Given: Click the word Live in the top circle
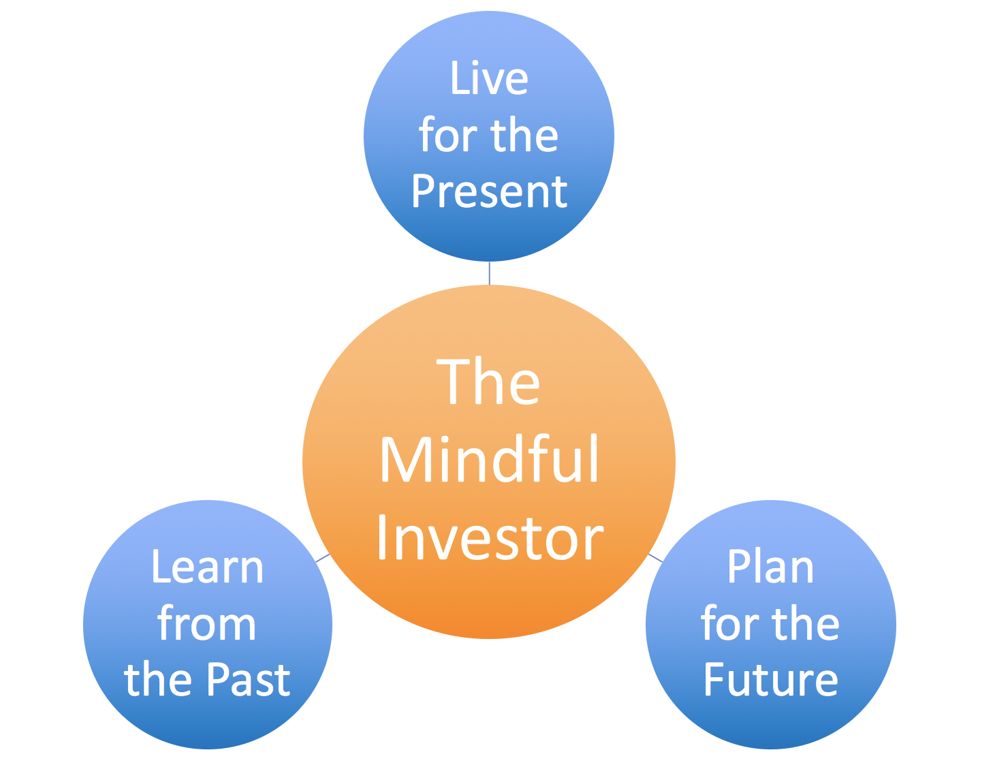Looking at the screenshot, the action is click(x=489, y=78).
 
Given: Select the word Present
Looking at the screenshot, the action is click(x=489, y=191).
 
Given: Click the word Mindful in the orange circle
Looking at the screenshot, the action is click(x=489, y=458).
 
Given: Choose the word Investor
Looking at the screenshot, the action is click(x=490, y=537).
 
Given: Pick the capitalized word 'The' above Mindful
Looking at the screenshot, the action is click(x=488, y=381).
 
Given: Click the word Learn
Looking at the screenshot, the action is click(x=208, y=567).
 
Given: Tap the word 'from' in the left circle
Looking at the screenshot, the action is click(x=206, y=623).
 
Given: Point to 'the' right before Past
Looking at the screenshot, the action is click(x=157, y=679).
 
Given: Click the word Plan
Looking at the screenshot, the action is click(x=770, y=567).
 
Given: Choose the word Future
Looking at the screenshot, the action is click(x=771, y=679).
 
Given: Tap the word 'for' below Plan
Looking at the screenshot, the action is click(x=731, y=623).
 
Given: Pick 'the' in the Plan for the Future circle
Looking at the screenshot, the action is click(x=806, y=623).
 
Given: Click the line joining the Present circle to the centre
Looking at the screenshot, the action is click(x=490, y=273).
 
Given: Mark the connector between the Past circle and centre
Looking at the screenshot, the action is click(x=323, y=558).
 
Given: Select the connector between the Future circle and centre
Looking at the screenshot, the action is click(x=655, y=558).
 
